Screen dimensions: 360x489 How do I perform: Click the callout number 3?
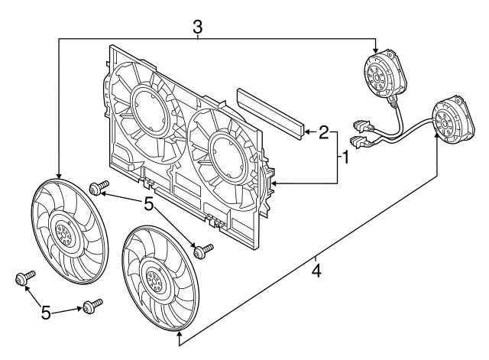[197, 26]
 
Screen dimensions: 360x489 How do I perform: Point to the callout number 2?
[324, 133]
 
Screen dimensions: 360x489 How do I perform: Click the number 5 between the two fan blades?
[149, 204]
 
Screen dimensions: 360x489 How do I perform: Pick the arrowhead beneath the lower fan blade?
[179, 333]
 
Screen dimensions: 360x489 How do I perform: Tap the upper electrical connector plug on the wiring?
[358, 125]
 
